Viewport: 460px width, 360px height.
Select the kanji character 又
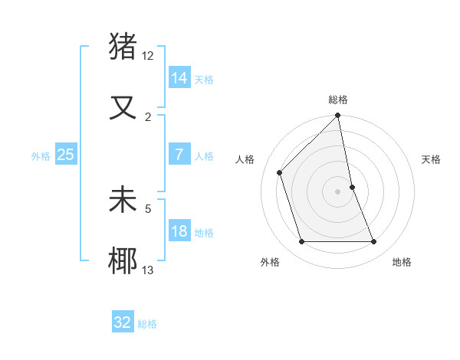point(123,107)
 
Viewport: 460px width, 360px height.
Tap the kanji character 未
point(123,200)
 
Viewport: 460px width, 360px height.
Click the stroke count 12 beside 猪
point(148,55)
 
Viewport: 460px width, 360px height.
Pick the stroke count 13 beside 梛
point(148,270)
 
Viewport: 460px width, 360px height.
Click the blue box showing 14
point(179,77)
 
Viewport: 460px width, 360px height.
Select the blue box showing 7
point(179,155)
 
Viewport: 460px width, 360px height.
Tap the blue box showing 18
point(179,231)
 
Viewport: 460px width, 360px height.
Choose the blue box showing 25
point(66,155)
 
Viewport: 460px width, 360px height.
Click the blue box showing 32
point(123,322)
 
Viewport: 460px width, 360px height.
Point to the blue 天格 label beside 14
point(204,79)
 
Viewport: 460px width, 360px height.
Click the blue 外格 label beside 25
point(41,156)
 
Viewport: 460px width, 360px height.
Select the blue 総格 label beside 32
point(147,324)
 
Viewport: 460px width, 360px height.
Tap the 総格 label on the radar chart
point(338,100)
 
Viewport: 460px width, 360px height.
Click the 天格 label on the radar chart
point(432,159)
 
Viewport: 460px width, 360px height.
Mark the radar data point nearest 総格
point(338,116)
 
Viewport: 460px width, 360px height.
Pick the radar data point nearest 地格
point(374,242)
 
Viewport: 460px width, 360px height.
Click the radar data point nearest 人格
point(280,172)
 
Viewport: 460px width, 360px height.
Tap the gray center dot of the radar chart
point(338,191)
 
